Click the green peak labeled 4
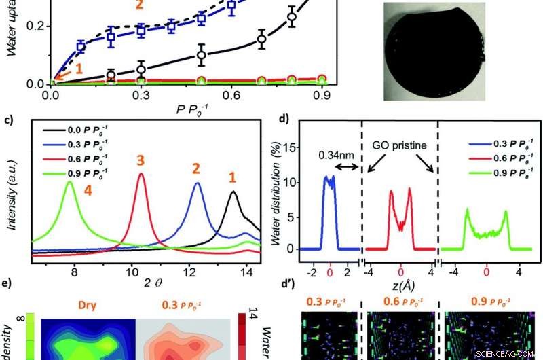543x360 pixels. (69, 183)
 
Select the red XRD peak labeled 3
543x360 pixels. (141, 175)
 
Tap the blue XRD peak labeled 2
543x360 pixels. (198, 185)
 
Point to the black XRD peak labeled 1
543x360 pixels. (233, 193)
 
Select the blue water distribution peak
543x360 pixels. (329, 181)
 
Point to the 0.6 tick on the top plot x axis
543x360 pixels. (261, 97)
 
